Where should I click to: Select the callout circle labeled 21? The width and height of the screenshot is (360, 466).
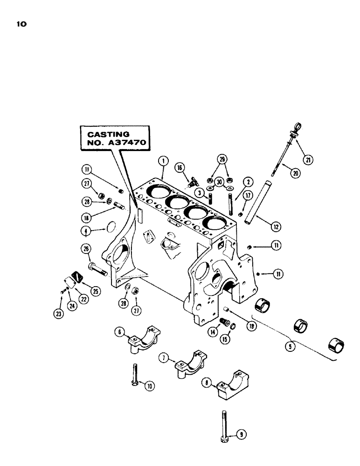click(x=308, y=160)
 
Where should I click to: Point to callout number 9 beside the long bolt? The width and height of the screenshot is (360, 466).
click(x=241, y=434)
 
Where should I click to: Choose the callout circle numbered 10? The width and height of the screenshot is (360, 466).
click(x=149, y=385)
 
